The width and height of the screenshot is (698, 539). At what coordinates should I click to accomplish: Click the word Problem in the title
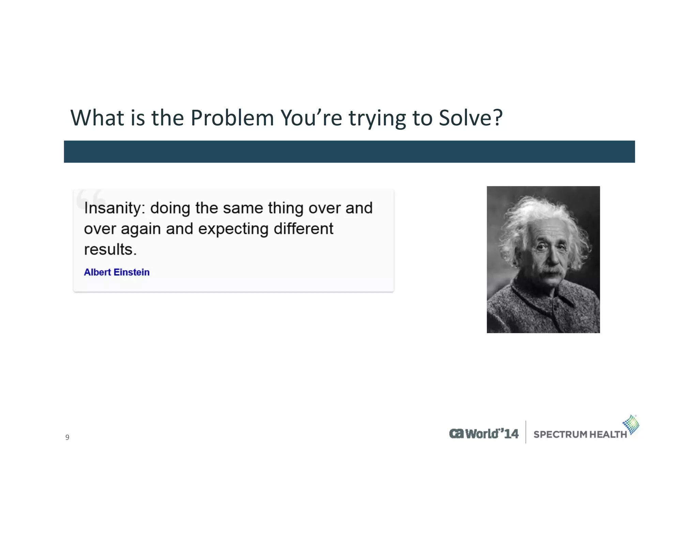pyautogui.click(x=232, y=118)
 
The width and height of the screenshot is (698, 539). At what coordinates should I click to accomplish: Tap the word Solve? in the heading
pyautogui.click(x=470, y=118)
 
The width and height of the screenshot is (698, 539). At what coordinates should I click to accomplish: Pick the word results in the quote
pyautogui.click(x=110, y=250)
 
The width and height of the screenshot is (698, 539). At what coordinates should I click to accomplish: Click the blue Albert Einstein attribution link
pyautogui.click(x=117, y=272)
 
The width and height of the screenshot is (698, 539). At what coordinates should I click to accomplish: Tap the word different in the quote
pyautogui.click(x=303, y=229)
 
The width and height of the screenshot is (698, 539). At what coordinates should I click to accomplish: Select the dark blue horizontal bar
pyautogui.click(x=349, y=152)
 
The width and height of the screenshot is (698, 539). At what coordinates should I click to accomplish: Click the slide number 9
pyautogui.click(x=67, y=437)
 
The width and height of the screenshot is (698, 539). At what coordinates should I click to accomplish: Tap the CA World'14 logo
pyautogui.click(x=484, y=434)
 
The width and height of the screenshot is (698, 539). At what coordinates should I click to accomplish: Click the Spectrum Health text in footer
pyautogui.click(x=580, y=434)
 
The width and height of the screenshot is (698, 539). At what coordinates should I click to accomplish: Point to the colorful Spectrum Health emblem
pyautogui.click(x=631, y=425)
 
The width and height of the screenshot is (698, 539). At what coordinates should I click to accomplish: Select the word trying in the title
pyautogui.click(x=377, y=118)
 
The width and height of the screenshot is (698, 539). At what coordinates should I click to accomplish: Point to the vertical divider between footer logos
pyautogui.click(x=526, y=432)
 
